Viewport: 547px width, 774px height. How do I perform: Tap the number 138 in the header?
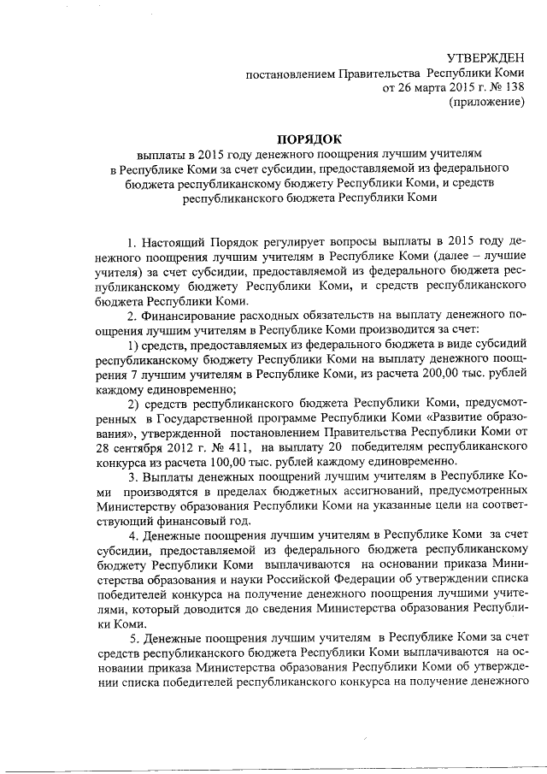pos(513,87)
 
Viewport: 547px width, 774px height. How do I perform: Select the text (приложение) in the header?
pos(485,103)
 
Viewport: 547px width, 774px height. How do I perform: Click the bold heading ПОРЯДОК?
pos(308,139)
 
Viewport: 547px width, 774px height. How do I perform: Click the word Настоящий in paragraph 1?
pos(176,239)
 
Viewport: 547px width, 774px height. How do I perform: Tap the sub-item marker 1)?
pos(133,346)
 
